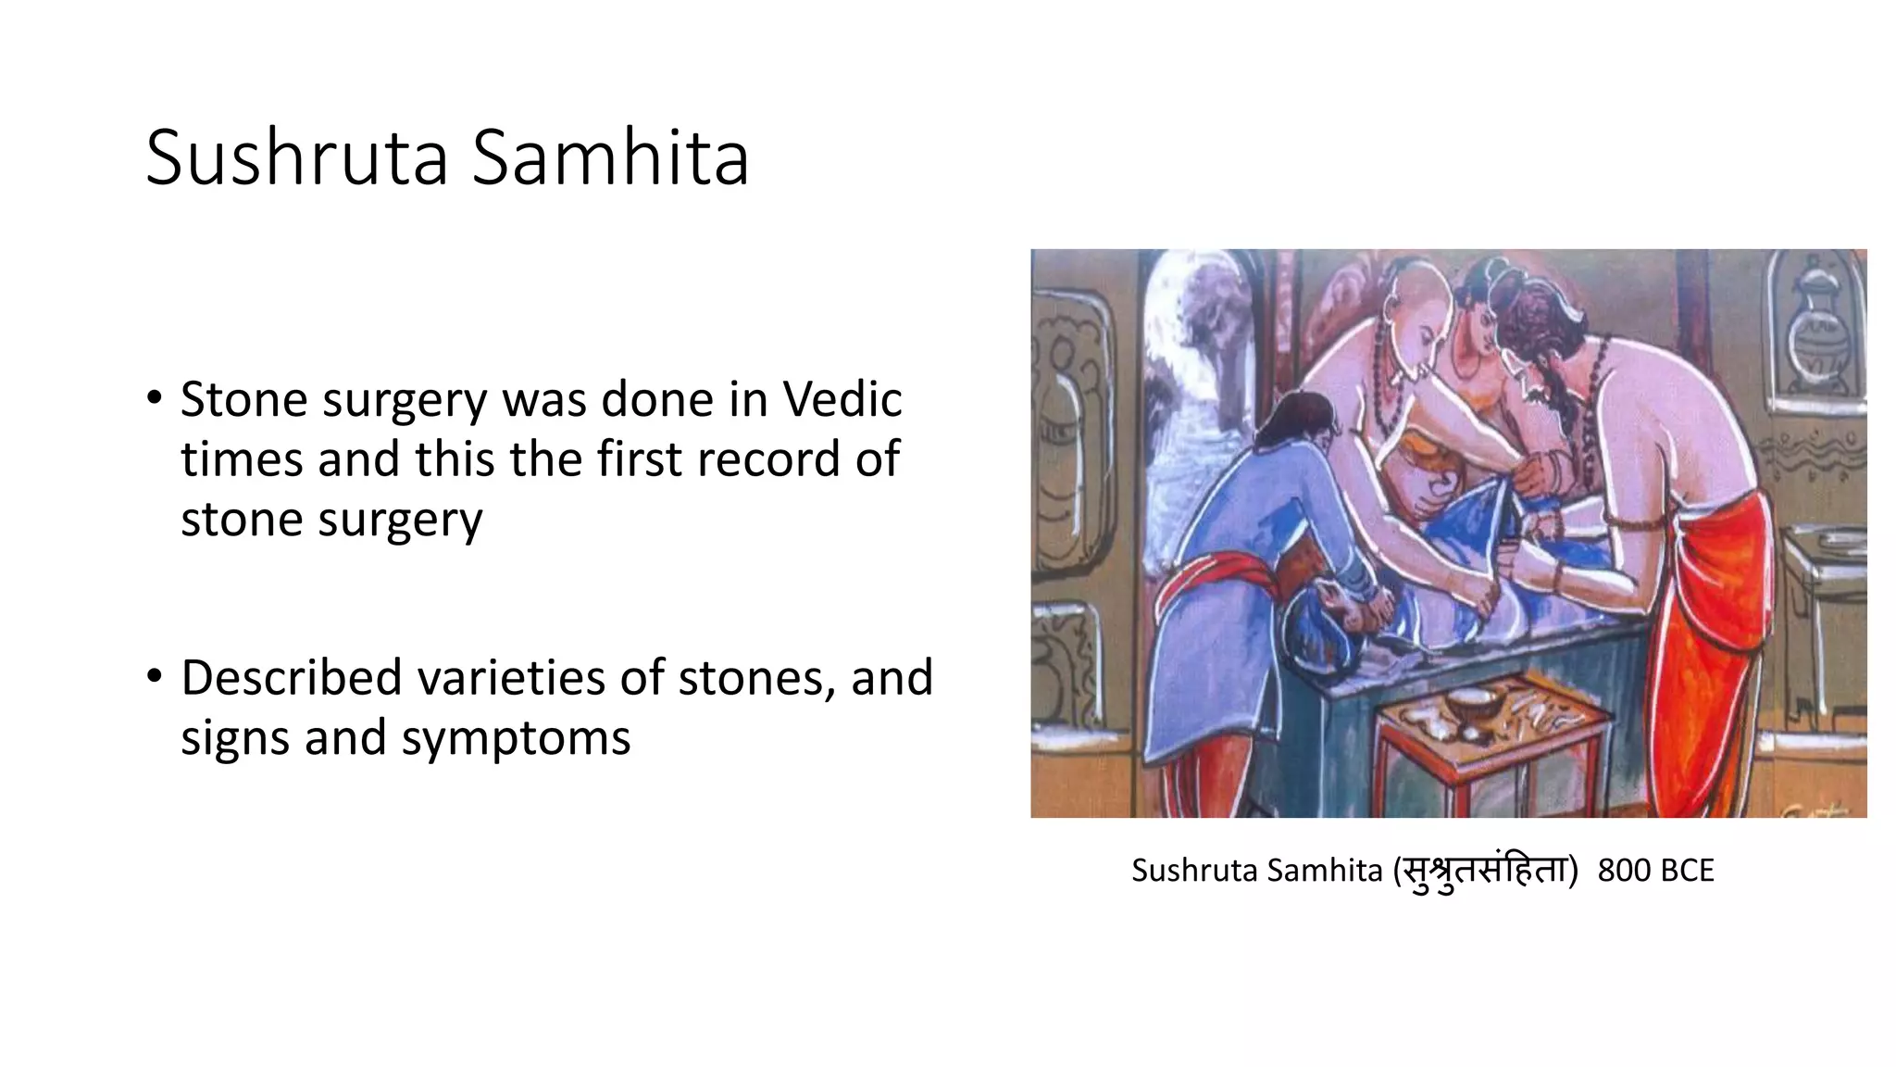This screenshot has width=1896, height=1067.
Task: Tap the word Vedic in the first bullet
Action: (x=842, y=400)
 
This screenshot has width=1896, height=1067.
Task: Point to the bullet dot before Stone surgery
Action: (x=155, y=399)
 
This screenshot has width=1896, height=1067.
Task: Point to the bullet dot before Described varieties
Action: (x=155, y=677)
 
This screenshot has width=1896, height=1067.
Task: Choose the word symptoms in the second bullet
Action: (x=516, y=738)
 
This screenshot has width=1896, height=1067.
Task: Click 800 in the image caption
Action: (x=1624, y=871)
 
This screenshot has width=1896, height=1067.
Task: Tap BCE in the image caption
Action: (x=1687, y=871)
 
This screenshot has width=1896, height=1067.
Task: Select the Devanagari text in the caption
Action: (x=1485, y=871)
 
